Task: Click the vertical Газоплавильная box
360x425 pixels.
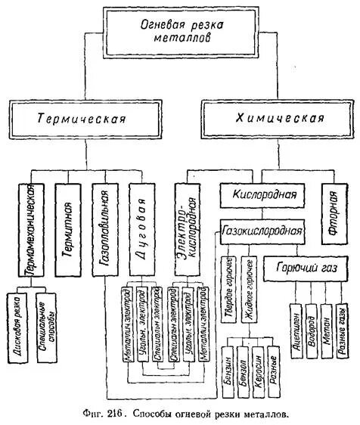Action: tap(105, 228)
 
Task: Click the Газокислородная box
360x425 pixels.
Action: tap(262, 229)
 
